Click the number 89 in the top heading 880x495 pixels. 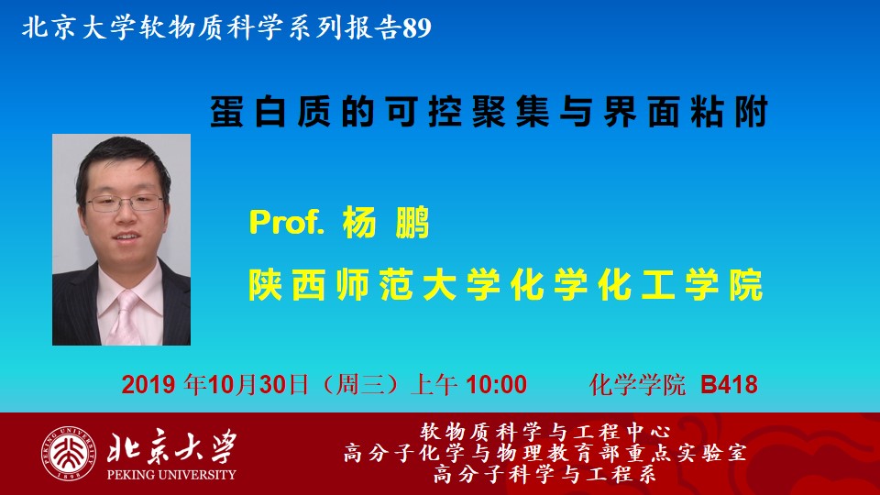tap(416, 27)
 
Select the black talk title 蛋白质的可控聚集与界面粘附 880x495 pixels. tap(489, 112)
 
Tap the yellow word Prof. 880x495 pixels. tap(287, 222)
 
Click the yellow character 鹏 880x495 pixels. tap(412, 223)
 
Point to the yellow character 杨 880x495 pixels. tap(359, 223)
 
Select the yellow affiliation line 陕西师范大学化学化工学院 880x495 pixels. tap(506, 285)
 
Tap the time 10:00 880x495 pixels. tap(496, 385)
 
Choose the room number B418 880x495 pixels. tap(729, 385)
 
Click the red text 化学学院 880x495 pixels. tap(638, 385)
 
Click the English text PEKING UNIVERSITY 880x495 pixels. tap(171, 475)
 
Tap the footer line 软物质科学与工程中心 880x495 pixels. tap(544, 432)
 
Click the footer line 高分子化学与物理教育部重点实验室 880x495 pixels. tap(544, 454)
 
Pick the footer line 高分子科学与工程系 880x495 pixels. tap(544, 474)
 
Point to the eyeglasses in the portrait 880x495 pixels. tap(125, 203)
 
